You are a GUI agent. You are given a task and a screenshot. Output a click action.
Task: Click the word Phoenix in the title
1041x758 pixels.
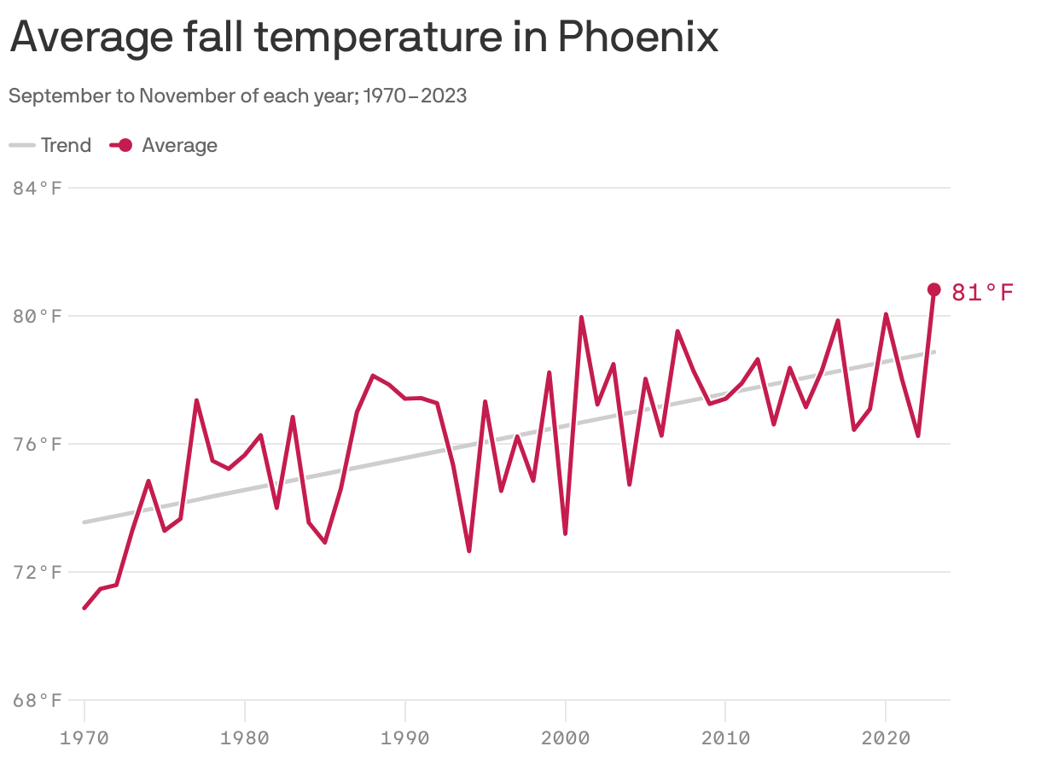[x=638, y=38]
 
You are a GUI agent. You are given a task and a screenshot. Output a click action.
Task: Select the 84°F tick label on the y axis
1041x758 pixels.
[x=38, y=188]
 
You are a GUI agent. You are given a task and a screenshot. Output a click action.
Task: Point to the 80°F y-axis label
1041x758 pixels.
[x=38, y=316]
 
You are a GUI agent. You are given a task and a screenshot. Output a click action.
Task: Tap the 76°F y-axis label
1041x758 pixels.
[x=38, y=444]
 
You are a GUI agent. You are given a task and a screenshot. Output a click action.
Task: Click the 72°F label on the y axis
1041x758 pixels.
[x=38, y=572]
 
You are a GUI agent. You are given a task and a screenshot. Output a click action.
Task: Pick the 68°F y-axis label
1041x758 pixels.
[x=38, y=701]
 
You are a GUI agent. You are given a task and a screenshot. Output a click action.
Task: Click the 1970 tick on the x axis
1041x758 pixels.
[x=84, y=736]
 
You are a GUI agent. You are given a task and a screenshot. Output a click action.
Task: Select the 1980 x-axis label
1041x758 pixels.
[x=245, y=736]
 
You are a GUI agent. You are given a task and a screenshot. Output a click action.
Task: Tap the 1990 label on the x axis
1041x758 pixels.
[x=404, y=736]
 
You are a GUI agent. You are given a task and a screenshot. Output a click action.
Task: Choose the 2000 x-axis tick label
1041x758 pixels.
[x=565, y=736]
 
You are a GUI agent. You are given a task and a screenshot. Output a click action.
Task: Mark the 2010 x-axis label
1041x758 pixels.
[x=724, y=736]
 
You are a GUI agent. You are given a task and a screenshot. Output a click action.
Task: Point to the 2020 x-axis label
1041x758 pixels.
[x=885, y=736]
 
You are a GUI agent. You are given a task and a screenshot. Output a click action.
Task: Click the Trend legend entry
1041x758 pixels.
[x=51, y=145]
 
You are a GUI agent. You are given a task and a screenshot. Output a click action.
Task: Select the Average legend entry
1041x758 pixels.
[x=164, y=145]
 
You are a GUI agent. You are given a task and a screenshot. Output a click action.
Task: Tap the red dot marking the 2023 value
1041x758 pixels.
[x=933, y=289]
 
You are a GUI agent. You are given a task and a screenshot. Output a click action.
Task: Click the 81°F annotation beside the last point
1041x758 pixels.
[x=982, y=293]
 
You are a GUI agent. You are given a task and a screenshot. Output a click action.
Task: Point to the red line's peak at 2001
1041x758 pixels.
[x=581, y=318]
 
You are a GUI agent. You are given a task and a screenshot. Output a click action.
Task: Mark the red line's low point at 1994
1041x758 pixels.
[x=469, y=551]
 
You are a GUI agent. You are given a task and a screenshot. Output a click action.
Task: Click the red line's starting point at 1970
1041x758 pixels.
[x=84, y=608]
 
